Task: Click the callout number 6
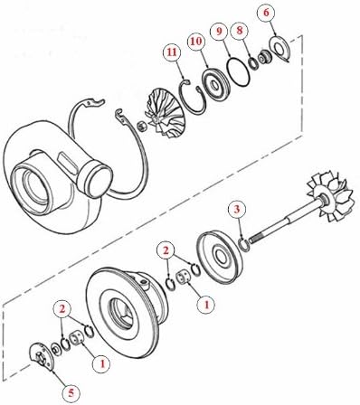point(265,13)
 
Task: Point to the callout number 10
point(194,42)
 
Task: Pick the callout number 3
point(236,211)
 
